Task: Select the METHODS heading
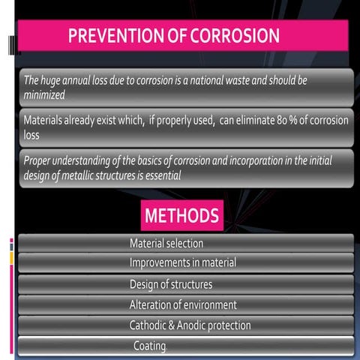181,216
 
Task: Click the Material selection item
166,244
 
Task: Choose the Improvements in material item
182,263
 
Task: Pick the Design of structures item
170,284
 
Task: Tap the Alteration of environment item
182,305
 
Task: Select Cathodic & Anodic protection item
190,325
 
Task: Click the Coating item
149,346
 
